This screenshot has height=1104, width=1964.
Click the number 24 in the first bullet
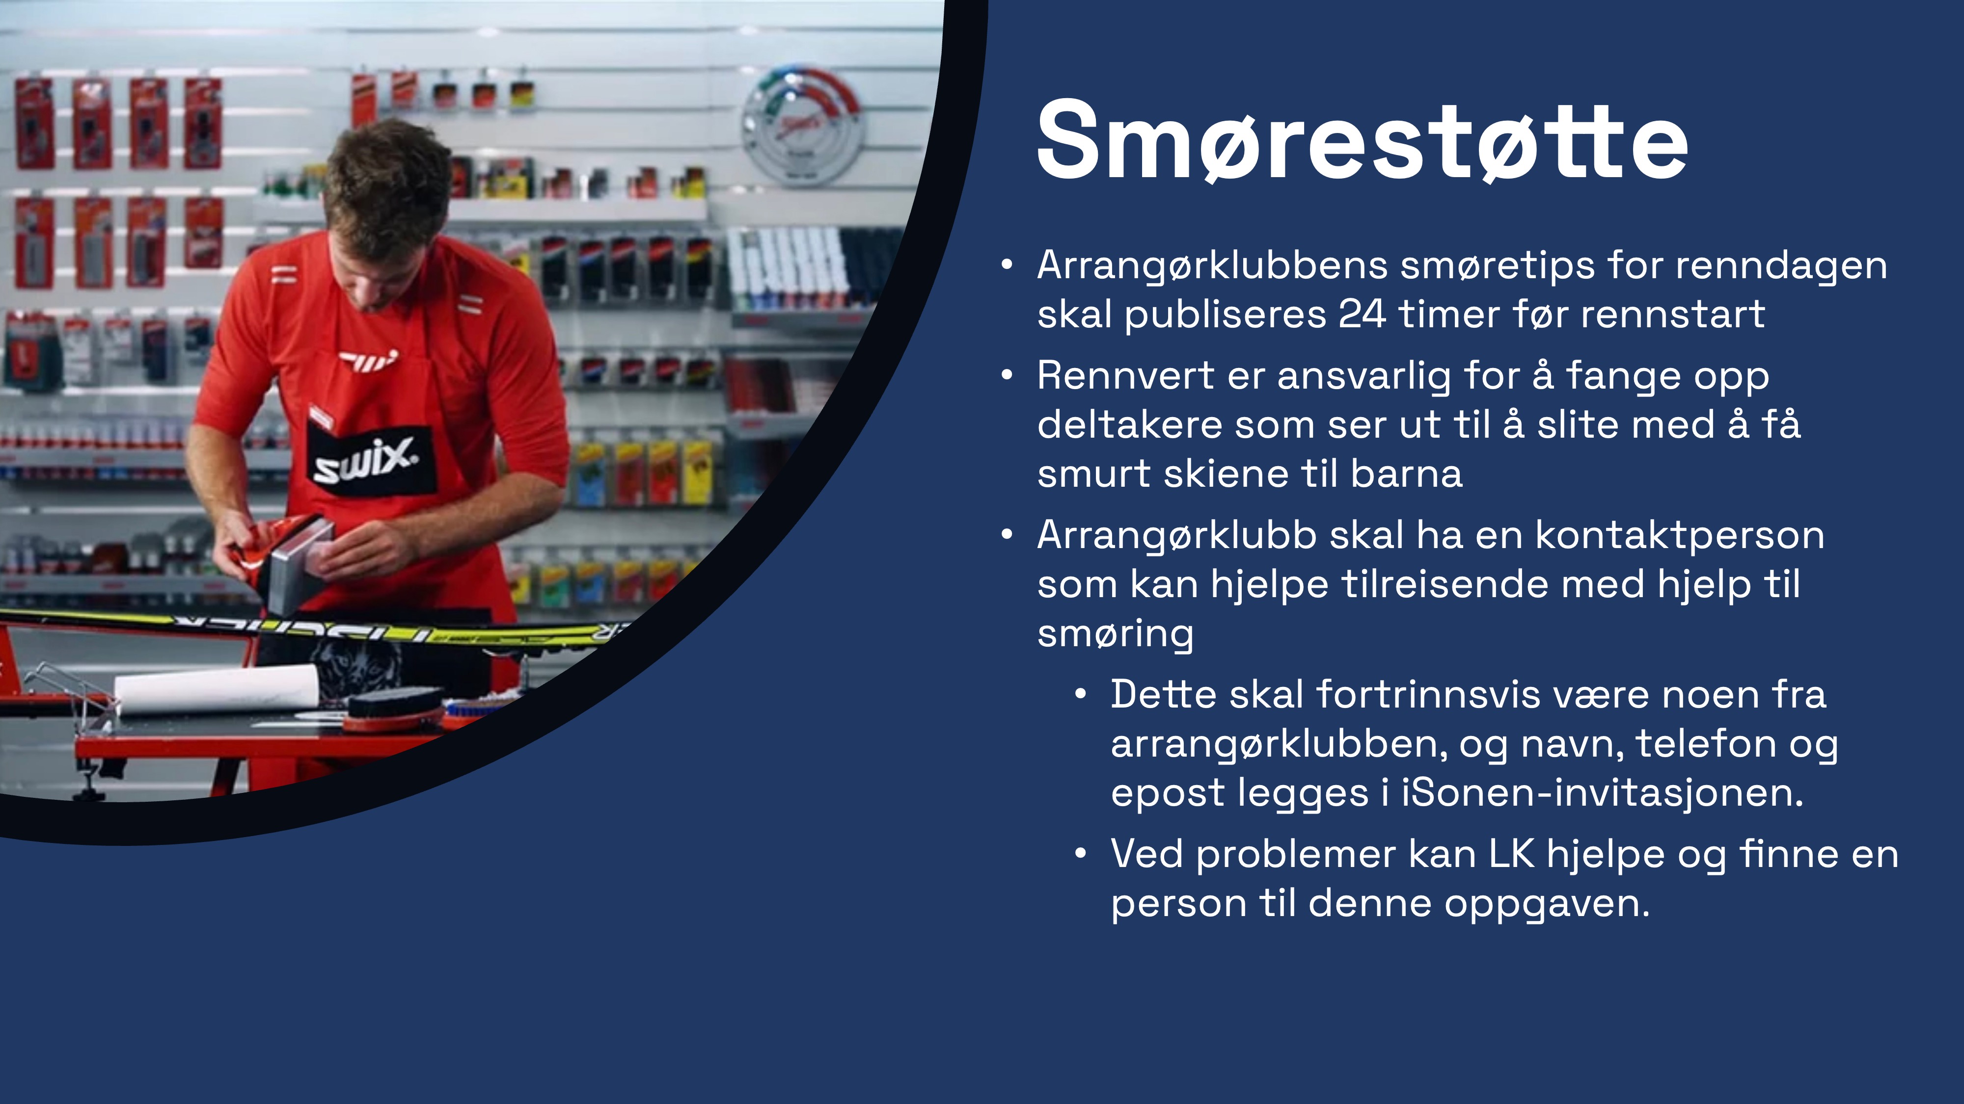[x=1363, y=314]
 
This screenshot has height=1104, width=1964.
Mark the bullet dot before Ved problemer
[x=1080, y=855]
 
